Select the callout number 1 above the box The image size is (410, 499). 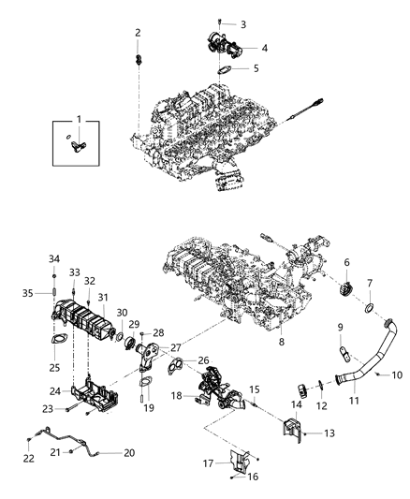[79, 119]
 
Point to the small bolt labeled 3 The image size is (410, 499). [218, 20]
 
